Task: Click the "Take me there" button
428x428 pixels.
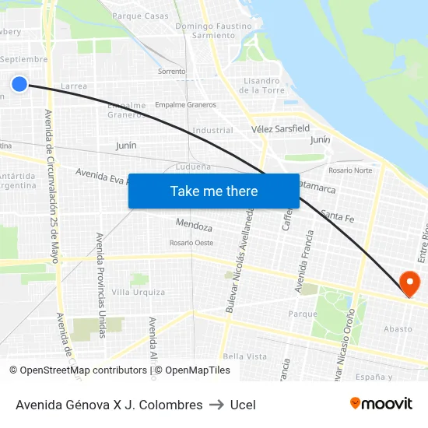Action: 214,191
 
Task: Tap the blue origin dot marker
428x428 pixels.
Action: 20,84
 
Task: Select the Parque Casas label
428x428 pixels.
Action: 140,16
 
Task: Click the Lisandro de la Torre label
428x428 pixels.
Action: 261,85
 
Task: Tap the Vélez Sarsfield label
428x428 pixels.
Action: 280,128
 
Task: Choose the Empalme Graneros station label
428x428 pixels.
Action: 185,104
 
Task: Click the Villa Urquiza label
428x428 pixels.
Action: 139,292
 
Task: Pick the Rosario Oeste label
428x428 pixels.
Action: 191,243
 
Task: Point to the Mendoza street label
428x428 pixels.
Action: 194,226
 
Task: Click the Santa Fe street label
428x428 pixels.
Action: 337,216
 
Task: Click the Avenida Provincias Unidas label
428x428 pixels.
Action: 100,284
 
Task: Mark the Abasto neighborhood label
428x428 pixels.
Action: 398,328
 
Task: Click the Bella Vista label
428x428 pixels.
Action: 244,356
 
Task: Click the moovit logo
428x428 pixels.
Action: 381,404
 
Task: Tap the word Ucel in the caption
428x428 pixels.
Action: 243,405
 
